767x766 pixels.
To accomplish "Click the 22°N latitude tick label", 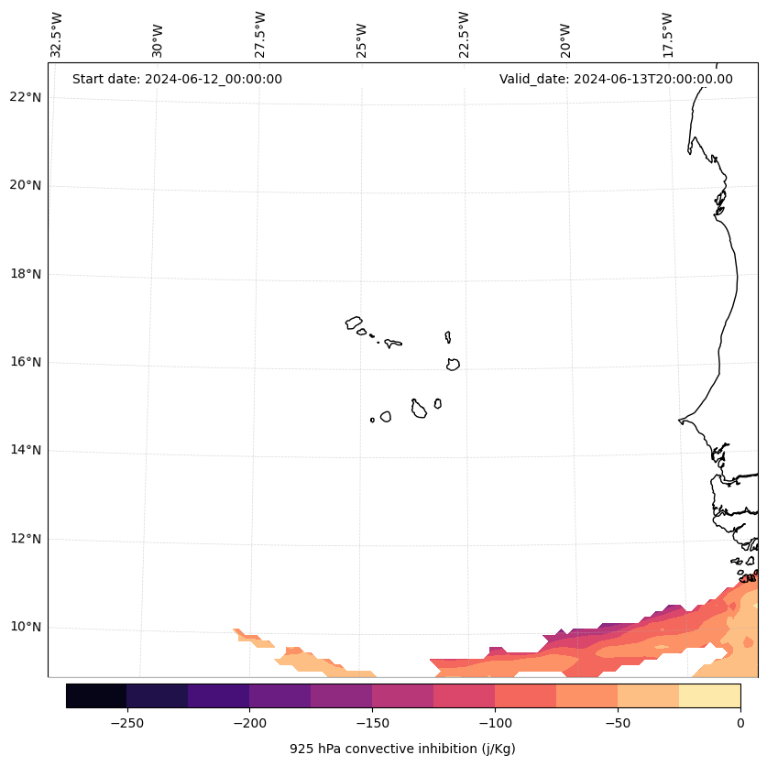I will pos(25,98).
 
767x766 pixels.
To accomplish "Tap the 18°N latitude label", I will pos(25,274).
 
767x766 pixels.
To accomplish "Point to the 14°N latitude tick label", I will pos(25,451).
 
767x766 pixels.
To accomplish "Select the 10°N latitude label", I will pos(25,628).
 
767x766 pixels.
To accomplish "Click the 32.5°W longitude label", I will pos(57,35).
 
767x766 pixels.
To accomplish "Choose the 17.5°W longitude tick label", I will pos(667,35).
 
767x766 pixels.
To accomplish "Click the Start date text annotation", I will pos(177,79).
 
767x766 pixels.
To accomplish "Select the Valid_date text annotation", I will pos(616,79).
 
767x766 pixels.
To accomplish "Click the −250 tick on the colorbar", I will pos(126,723).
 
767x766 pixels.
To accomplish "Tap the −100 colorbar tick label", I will pos(495,723).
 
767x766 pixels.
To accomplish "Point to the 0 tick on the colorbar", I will pos(740,723).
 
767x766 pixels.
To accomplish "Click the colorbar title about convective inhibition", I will pos(402,749).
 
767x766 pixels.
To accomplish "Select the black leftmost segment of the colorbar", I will pos(96,696).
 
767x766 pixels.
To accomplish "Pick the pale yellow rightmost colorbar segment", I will pos(709,696).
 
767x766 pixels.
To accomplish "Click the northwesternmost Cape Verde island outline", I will pos(354,323).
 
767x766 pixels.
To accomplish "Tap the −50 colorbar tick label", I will pos(618,723).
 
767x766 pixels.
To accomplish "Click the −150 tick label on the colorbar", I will pos(372,723).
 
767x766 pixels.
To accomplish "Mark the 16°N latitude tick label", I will pos(25,363).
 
